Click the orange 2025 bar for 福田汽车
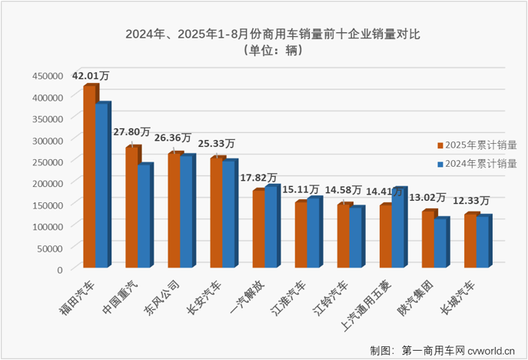pos(90,177)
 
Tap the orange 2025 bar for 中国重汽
pos(132,208)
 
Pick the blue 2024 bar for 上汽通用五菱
pos(398,228)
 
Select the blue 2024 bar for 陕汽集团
pos(440,244)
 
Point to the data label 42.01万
pos(91,75)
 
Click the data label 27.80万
pos(132,133)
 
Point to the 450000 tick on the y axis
pos(48,75)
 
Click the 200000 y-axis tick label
pos(48,183)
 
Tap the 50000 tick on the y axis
pos(50,248)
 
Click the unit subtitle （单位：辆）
pos(264,51)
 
